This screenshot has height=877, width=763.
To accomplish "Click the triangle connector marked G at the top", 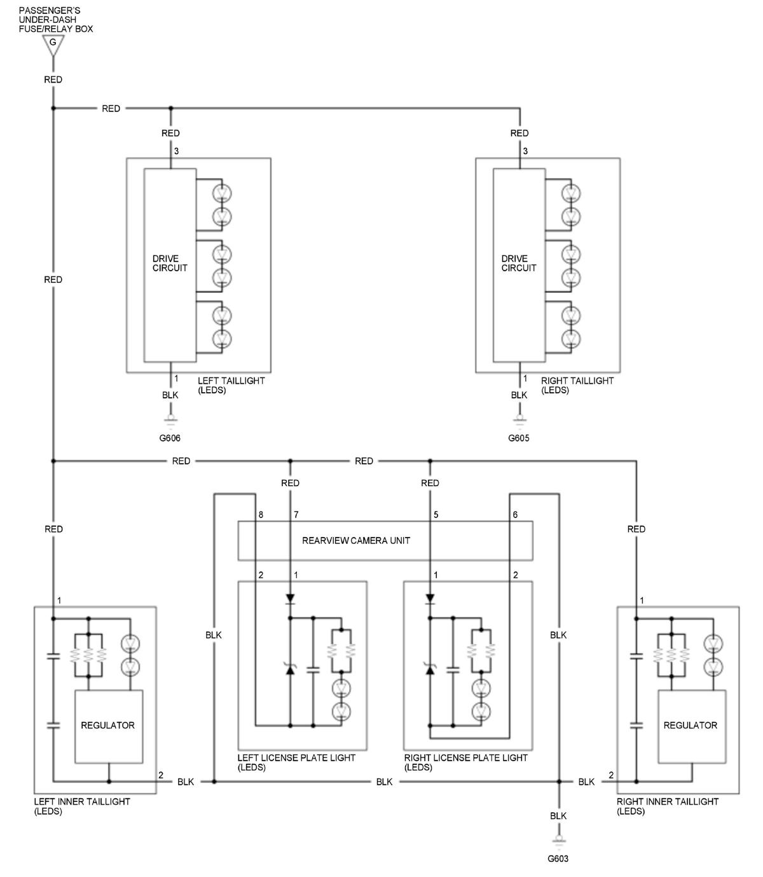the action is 53,45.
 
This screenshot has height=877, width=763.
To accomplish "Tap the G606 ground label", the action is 169,438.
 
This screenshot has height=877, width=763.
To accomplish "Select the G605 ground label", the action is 519,438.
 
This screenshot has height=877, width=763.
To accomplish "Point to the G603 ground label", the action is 558,859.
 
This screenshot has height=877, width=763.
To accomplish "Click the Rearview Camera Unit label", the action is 356,541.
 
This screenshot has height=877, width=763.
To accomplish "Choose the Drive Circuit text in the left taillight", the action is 170,263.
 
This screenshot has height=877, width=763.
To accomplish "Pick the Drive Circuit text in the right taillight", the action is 519,263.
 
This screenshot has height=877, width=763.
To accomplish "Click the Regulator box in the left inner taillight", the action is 109,726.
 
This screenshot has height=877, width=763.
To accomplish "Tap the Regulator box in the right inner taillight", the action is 692,726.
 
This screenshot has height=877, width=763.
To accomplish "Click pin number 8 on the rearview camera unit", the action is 261,514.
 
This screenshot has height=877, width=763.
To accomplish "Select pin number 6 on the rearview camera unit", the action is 515,514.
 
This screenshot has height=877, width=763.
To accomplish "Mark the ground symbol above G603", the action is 559,841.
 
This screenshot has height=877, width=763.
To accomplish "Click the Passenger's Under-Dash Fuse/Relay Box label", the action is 56,20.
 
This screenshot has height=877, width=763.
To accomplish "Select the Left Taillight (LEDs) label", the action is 231,385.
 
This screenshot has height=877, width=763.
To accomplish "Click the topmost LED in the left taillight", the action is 222,193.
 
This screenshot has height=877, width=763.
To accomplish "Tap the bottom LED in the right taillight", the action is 571,339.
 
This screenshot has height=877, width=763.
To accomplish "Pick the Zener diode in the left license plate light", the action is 290,669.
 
